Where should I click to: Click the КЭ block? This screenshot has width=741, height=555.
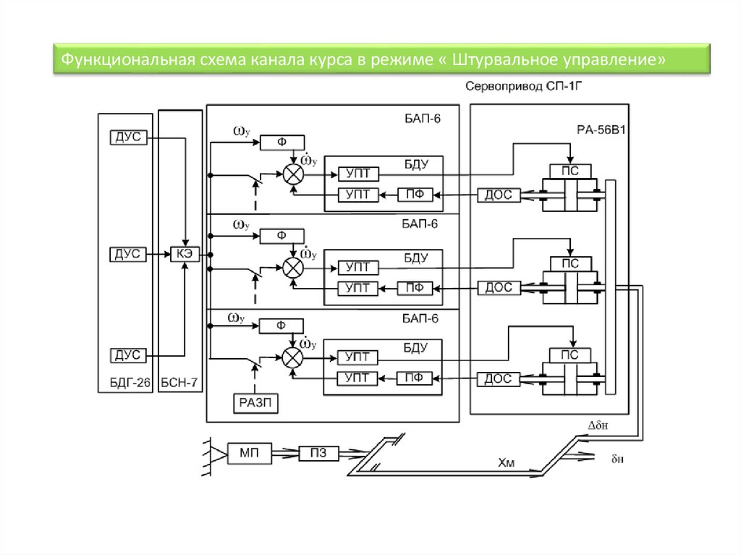[x=185, y=254]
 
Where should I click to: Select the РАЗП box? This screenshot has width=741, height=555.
[x=255, y=403]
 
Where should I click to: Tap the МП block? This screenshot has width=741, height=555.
[x=250, y=454]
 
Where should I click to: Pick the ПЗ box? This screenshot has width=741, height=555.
[x=318, y=454]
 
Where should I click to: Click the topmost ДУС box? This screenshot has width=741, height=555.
[x=129, y=137]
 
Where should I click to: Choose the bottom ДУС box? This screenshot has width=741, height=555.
[x=129, y=355]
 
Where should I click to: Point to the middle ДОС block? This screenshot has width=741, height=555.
[x=499, y=287]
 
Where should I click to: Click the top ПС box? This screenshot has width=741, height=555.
[x=570, y=171]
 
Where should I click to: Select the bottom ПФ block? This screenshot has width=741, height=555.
[x=414, y=378]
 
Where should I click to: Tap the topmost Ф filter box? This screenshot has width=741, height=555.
[x=282, y=143]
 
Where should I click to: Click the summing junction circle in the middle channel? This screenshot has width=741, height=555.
[x=293, y=268]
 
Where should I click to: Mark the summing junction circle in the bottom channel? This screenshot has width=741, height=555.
[x=292, y=358]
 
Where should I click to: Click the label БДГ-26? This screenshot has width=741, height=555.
[x=130, y=383]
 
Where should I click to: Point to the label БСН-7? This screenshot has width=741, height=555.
[x=179, y=383]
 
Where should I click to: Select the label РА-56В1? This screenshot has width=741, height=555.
[x=601, y=130]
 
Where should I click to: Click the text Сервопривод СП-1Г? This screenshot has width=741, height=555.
[x=524, y=87]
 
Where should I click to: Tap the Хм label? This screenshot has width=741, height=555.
[x=506, y=463]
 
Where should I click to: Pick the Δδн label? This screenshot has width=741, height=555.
[x=598, y=425]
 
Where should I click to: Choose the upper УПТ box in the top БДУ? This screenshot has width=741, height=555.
[x=359, y=174]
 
